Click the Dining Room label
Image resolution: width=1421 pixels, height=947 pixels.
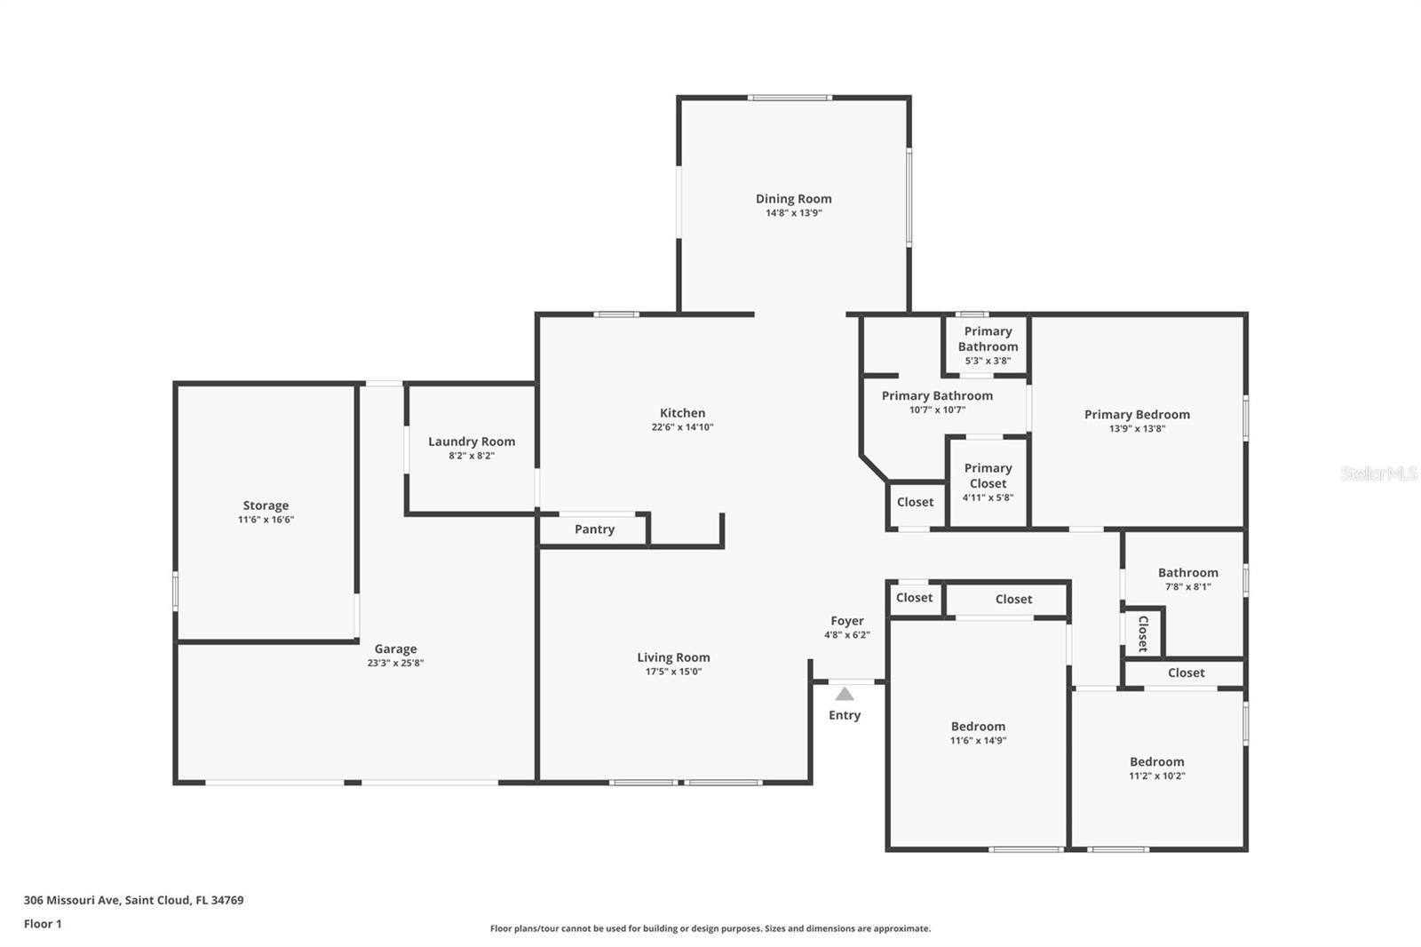793,199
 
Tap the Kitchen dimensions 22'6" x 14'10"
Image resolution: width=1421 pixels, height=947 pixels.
682,427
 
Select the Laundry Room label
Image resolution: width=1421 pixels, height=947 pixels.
472,442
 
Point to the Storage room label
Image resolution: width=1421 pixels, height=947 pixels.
266,505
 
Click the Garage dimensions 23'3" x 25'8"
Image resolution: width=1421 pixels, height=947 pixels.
395,664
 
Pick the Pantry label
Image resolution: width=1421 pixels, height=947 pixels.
594,529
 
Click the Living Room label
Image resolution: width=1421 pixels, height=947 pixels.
673,657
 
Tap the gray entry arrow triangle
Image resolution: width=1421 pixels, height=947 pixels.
845,694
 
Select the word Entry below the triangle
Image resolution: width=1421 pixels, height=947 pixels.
845,715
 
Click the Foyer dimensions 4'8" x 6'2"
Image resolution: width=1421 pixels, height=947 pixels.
847,634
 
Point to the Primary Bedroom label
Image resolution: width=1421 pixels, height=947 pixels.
1137,415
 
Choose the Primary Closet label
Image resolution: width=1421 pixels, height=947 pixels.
988,475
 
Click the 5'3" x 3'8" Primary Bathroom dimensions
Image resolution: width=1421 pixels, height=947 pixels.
988,361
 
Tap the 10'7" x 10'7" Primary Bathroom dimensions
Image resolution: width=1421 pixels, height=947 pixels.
937,410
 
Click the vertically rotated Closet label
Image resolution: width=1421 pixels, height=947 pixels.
1143,633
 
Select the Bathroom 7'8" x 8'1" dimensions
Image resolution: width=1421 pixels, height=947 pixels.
1187,586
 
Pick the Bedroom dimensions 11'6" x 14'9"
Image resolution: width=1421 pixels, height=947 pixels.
978,740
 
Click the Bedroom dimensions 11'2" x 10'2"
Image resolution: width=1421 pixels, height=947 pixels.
1156,776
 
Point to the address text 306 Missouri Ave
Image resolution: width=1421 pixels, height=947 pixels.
72,899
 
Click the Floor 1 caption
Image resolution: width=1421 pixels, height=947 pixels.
43,924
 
